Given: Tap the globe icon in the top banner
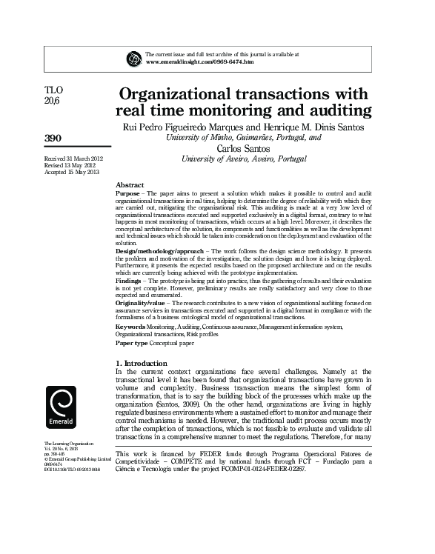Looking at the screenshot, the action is (x=134, y=58).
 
